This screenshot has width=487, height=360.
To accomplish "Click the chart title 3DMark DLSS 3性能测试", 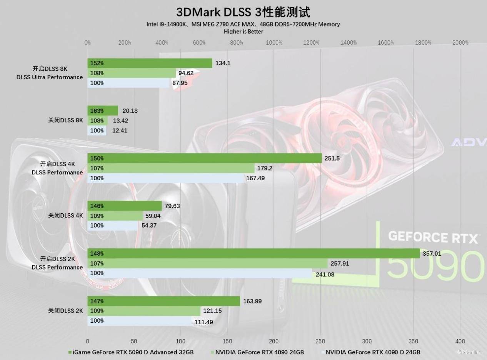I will [x=243, y=12].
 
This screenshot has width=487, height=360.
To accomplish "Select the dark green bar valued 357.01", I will [x=254, y=253].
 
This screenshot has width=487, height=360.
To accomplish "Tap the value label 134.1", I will [x=223, y=63].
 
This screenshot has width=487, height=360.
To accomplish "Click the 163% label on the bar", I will [x=97, y=111].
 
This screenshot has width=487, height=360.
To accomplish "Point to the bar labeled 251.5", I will [x=204, y=158].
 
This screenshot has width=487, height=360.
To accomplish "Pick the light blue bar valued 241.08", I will [x=200, y=273].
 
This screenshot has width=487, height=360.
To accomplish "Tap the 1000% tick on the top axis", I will [x=274, y=43].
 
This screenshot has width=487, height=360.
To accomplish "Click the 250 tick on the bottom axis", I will [x=320, y=341].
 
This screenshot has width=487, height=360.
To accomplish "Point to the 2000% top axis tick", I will [x=460, y=43].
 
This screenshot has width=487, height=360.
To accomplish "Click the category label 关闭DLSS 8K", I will [x=65, y=120].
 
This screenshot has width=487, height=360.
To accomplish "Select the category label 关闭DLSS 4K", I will [x=65, y=216].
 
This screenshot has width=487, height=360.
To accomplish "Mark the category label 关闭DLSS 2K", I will [x=65, y=311].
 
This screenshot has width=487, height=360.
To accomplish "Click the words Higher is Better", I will [x=243, y=32].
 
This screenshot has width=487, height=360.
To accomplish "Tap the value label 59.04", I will [x=152, y=216].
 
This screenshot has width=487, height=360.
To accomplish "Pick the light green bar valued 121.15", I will [x=144, y=311].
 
